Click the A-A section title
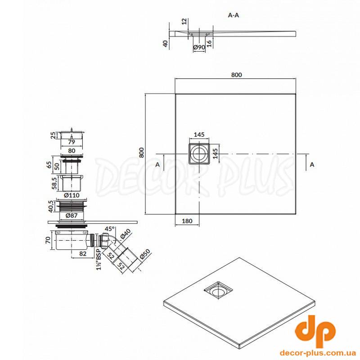tap(234, 15)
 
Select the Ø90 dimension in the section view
tap(199, 47)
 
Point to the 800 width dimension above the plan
tap(237, 75)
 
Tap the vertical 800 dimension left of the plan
tap(141, 152)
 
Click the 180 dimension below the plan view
tap(187, 221)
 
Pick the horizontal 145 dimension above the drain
tap(199, 135)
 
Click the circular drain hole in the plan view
tap(199, 153)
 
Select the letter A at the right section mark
tap(312, 164)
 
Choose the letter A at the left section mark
tap(157, 164)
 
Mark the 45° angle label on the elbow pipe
tap(109, 229)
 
